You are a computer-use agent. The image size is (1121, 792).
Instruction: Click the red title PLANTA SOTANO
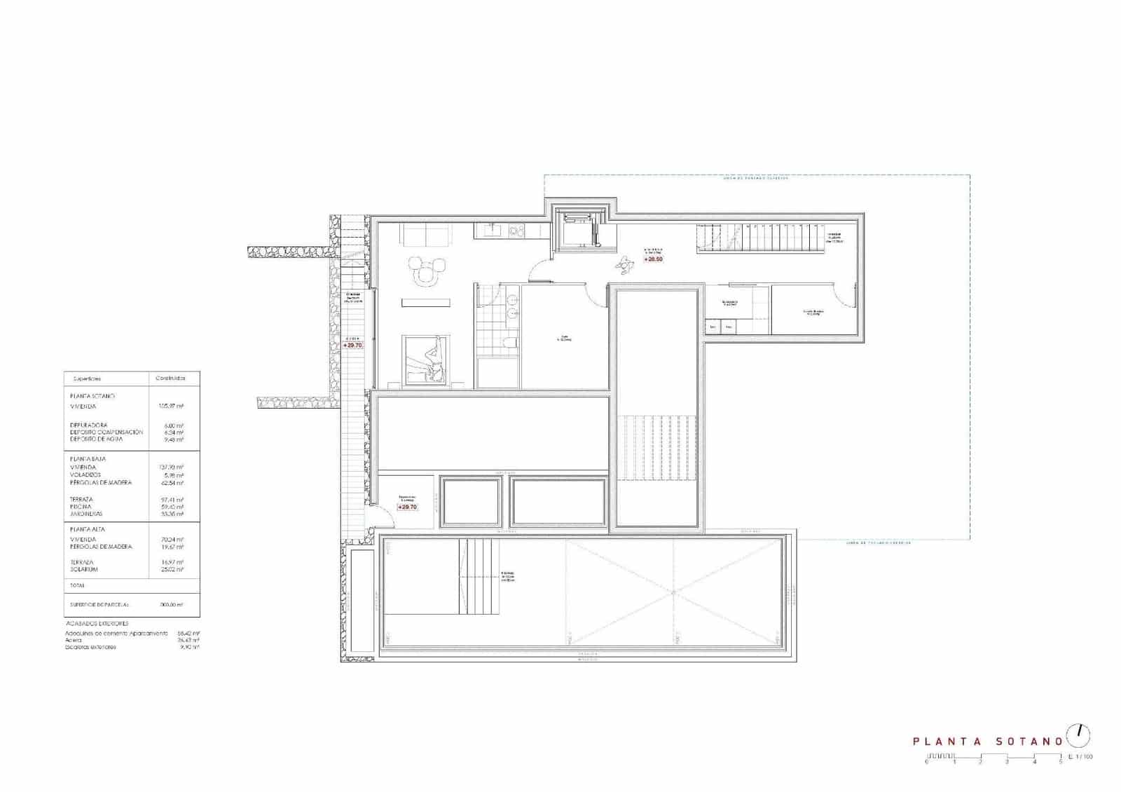pyautogui.click(x=987, y=741)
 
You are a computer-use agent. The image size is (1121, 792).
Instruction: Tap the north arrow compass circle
pyautogui.click(x=1079, y=735)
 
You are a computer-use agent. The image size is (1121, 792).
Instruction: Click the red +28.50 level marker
pyautogui.click(x=653, y=259)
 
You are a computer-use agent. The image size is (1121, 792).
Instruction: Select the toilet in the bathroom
pyautogui.click(x=511, y=342)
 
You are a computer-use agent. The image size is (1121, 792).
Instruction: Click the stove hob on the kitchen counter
pyautogui.click(x=517, y=230)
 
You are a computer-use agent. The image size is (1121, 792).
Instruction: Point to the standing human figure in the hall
pyautogui.click(x=623, y=264)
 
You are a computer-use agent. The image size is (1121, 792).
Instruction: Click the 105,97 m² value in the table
pyautogui.click(x=172, y=406)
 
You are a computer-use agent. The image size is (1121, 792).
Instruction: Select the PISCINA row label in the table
pyautogui.click(x=81, y=507)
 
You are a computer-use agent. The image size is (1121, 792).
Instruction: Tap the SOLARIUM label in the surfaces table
pyautogui.click(x=84, y=569)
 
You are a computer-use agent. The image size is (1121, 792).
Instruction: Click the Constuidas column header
pyautogui.click(x=170, y=378)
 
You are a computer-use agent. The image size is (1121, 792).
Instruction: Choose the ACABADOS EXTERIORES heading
pyautogui.click(x=97, y=623)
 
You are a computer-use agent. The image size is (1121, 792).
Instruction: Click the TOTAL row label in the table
pyautogui.click(x=77, y=585)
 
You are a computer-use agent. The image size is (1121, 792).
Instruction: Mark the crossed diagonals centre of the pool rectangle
pyautogui.click(x=674, y=592)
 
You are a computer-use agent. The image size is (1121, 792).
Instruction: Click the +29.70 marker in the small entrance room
pyautogui.click(x=407, y=507)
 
